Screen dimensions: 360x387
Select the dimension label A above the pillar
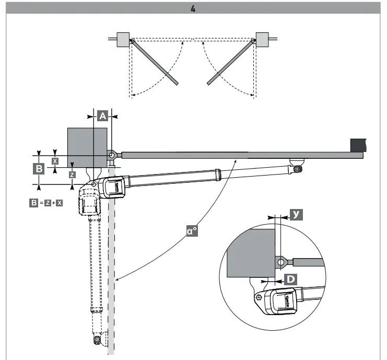103,115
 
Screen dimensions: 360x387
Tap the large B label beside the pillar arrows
39,169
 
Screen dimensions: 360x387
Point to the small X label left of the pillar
55,161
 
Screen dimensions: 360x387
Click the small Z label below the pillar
72,174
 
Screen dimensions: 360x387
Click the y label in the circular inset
296,215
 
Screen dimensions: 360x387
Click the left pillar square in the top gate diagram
123,39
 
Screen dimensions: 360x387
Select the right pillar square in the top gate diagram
262,39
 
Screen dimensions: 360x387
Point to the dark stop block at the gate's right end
358,145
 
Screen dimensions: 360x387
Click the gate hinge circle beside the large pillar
112,155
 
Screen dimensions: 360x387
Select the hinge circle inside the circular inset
281,261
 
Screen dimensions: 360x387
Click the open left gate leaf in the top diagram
155,62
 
